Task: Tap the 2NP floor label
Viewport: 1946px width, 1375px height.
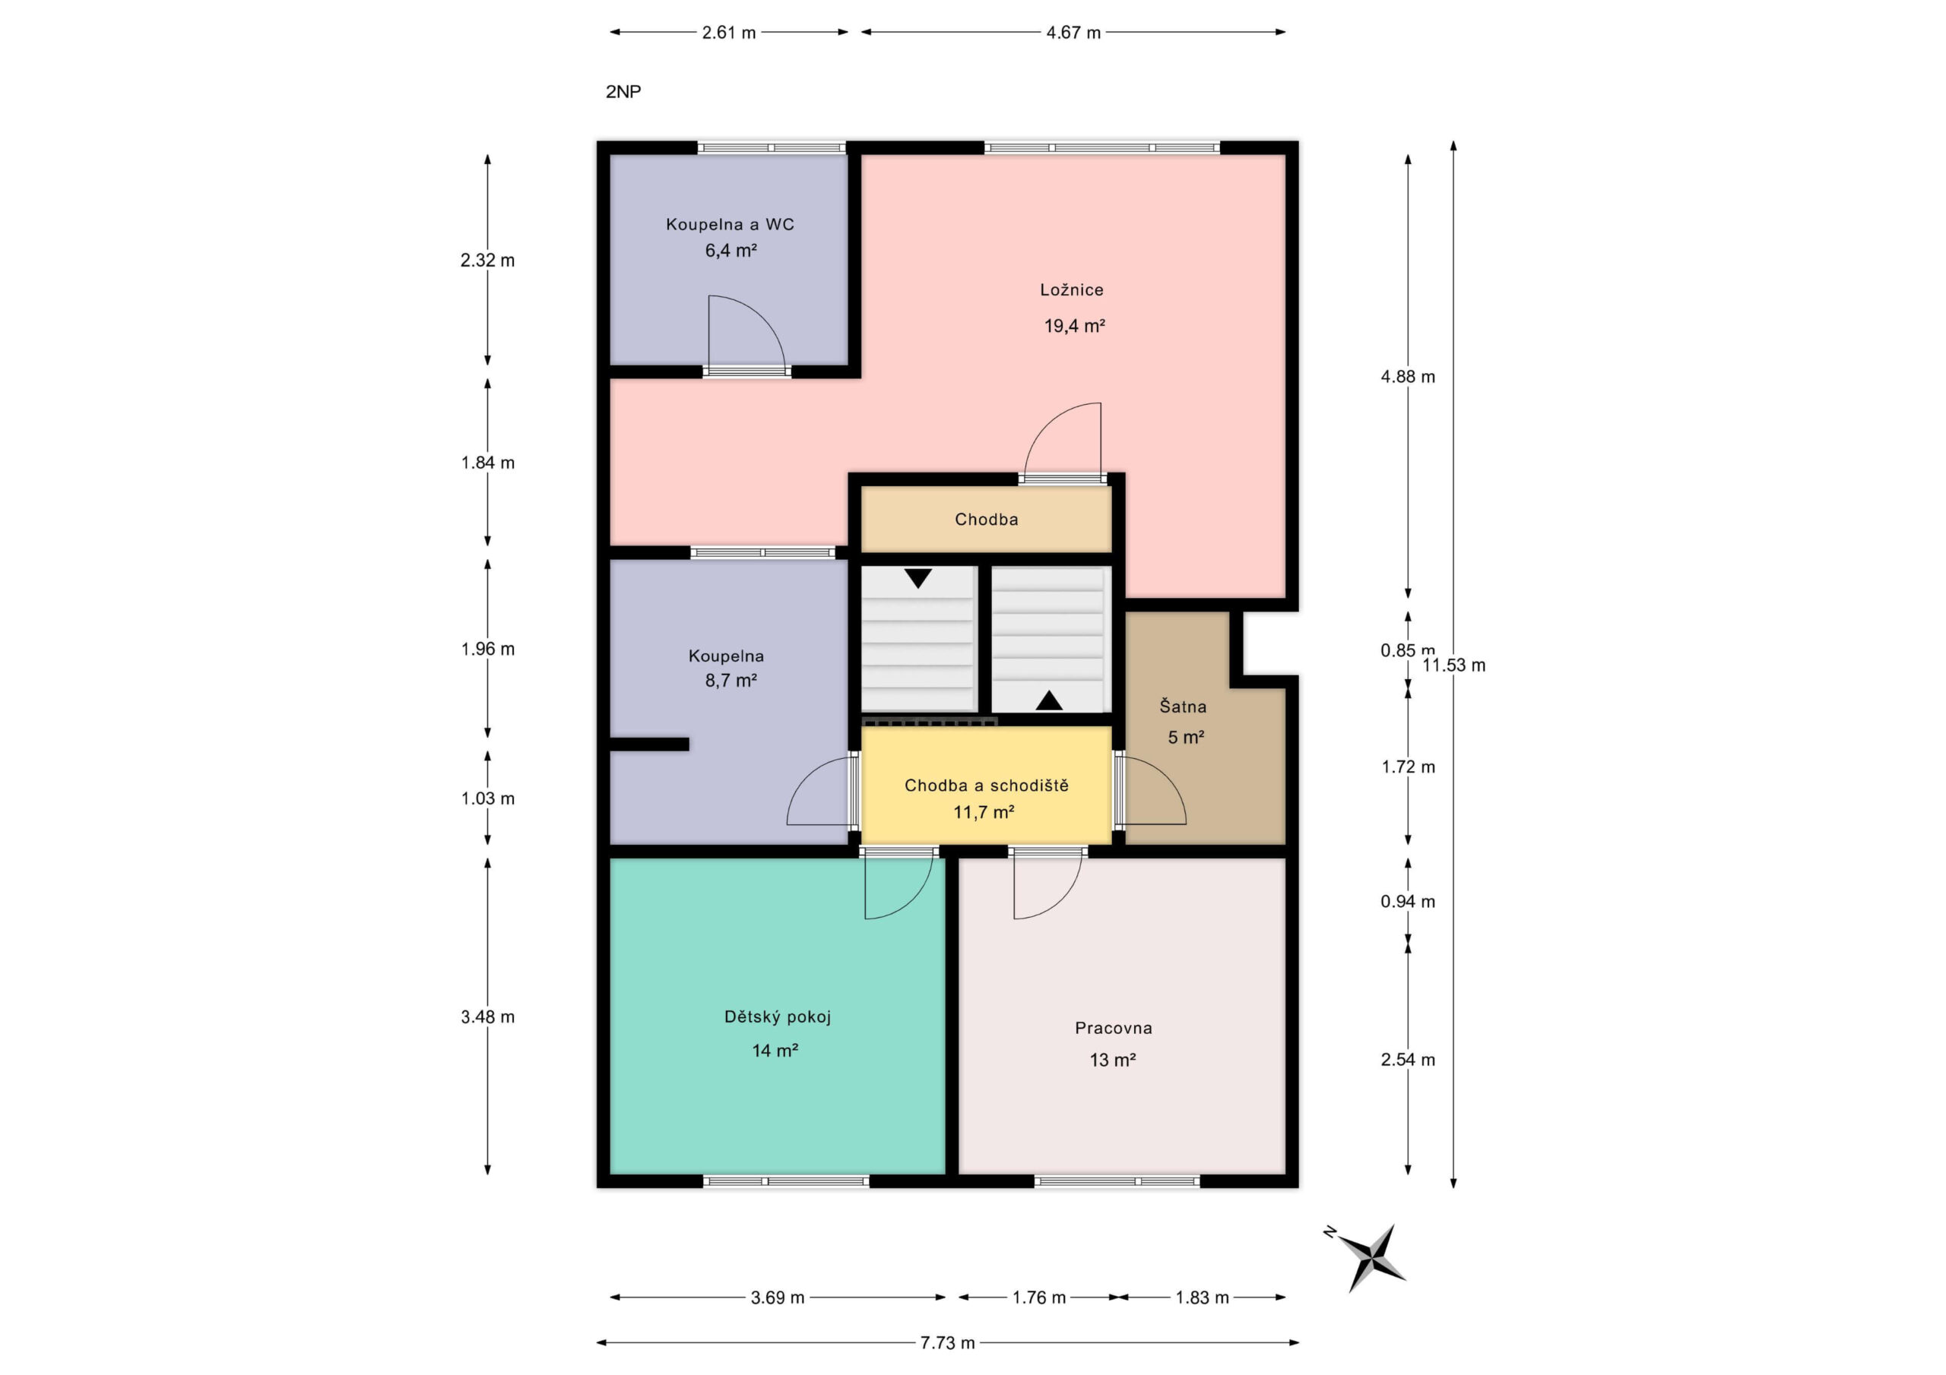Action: [623, 91]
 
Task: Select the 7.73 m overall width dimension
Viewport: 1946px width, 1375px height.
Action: [948, 1343]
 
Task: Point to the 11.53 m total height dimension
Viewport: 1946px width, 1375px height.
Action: [1453, 665]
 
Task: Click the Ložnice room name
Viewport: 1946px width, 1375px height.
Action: [1071, 289]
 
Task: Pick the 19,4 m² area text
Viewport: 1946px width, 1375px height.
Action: [1074, 326]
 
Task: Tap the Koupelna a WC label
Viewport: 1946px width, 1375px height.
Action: [730, 225]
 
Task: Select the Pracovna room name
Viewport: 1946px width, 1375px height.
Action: [1114, 1028]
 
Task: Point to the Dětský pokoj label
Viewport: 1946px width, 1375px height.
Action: [777, 1016]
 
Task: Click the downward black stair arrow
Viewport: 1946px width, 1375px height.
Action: [918, 579]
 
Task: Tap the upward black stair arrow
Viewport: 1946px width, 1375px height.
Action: [1049, 700]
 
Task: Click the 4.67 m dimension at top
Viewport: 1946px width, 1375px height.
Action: [1073, 32]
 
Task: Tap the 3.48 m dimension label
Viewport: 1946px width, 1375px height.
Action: [487, 1016]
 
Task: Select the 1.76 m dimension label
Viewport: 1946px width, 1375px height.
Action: [1039, 1297]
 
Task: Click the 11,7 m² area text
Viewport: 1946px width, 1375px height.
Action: [983, 812]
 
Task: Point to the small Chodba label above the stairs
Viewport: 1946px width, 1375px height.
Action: [987, 520]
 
